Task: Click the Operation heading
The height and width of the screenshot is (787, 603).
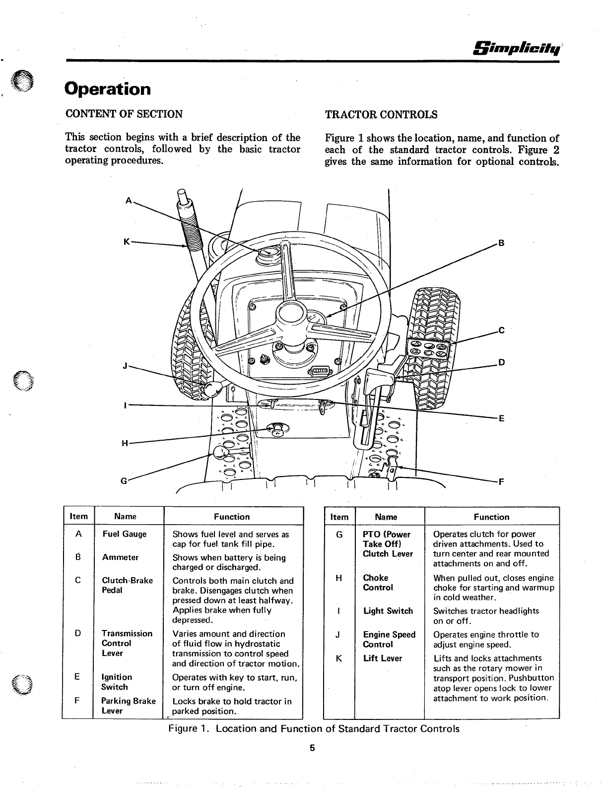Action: [108, 89]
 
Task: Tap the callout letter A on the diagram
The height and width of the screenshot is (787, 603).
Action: [129, 201]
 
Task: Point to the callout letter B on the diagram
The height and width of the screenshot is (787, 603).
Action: [501, 243]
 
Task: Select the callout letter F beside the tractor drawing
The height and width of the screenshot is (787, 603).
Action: [501, 481]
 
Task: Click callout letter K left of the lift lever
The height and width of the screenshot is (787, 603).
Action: [127, 241]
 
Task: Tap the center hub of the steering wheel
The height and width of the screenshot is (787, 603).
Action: [289, 315]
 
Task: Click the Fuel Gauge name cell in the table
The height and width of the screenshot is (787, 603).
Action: [125, 534]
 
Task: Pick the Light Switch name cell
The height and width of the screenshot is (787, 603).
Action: [388, 611]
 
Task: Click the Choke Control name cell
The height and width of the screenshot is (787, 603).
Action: [378, 582]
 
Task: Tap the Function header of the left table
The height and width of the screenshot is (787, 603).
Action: [232, 517]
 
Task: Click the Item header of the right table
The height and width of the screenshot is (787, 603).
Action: [339, 517]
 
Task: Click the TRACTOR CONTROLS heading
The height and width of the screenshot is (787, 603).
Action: [381, 115]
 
